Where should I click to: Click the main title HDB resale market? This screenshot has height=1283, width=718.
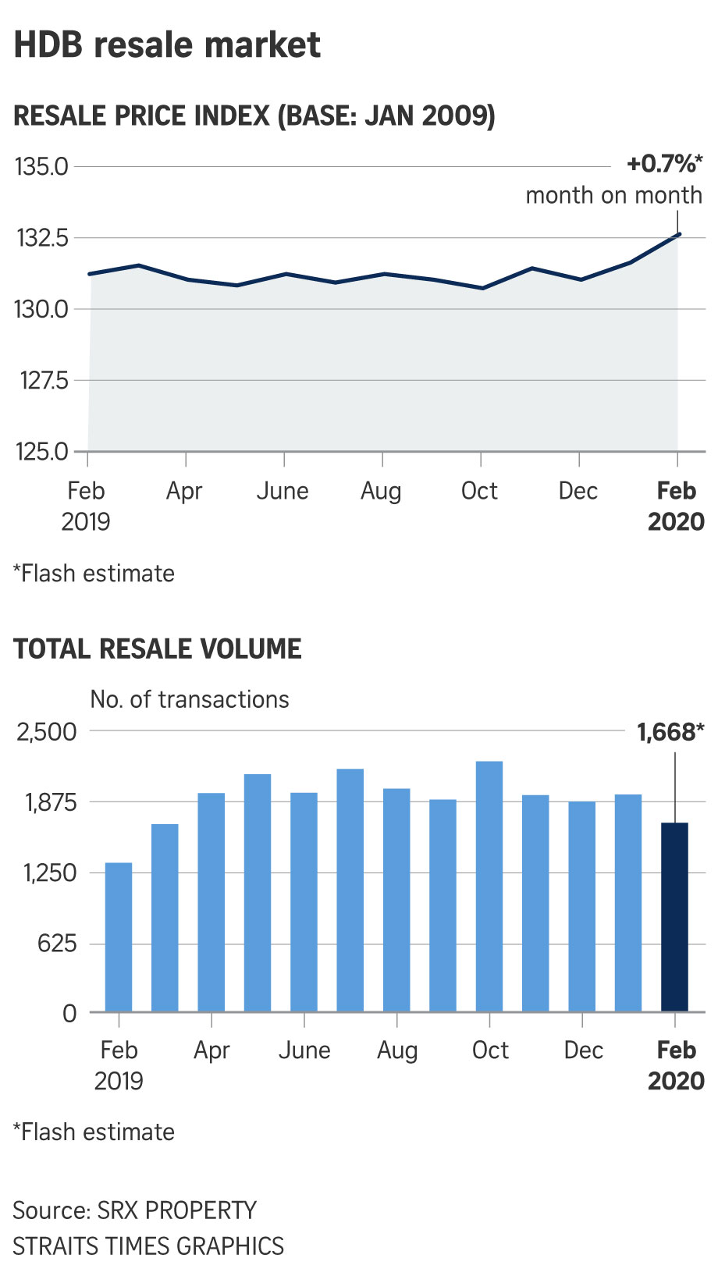click(167, 45)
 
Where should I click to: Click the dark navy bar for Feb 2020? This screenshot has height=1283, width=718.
click(674, 917)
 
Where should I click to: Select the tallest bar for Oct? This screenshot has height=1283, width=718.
click(489, 887)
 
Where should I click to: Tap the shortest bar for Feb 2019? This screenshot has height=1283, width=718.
click(119, 936)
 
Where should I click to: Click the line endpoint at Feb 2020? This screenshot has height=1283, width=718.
click(679, 233)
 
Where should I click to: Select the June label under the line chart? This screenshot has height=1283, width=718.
click(283, 491)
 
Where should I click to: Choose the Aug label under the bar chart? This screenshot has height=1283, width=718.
click(397, 1050)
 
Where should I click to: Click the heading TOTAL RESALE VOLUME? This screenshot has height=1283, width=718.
click(158, 649)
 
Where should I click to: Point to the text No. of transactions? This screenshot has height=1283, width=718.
click(190, 699)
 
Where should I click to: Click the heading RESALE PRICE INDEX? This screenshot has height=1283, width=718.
click(254, 116)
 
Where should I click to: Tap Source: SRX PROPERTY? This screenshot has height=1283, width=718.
click(134, 1210)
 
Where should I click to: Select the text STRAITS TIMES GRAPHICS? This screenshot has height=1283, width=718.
click(148, 1246)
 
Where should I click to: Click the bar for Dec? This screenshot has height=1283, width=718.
click(582, 907)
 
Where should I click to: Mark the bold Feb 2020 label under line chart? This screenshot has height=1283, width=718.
click(676, 506)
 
